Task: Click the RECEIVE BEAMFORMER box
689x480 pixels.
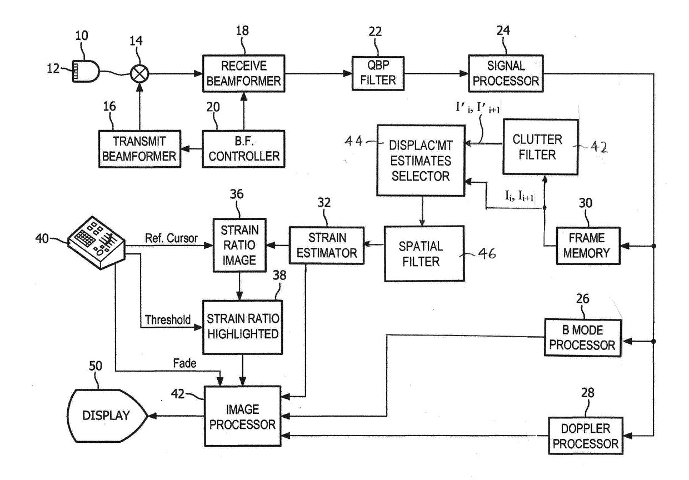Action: pos(243,73)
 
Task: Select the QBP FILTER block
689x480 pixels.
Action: pos(378,73)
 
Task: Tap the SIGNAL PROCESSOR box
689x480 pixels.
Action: pos(506,73)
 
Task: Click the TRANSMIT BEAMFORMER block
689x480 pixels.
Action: pos(139,149)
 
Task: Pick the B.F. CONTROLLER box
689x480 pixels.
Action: pos(243,149)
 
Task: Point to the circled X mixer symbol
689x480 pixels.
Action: pos(139,74)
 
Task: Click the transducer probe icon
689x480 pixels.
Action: pos(86,71)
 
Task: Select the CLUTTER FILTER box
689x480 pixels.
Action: pos(541,147)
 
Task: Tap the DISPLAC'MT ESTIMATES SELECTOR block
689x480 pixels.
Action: pos(421,160)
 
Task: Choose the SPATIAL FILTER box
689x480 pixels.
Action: pos(424,254)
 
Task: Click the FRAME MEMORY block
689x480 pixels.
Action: pos(588,246)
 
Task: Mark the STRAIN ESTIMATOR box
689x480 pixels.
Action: pos(327,246)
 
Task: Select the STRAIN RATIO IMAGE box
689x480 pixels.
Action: pos(239,245)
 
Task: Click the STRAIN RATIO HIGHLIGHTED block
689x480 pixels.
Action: pos(242,327)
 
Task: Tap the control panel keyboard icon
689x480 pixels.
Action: pos(96,243)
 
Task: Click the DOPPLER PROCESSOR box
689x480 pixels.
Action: pos(586,436)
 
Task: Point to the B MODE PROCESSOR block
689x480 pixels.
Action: pos(582,338)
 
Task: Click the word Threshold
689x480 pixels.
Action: pos(168,320)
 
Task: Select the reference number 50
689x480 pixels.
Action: pos(96,366)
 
